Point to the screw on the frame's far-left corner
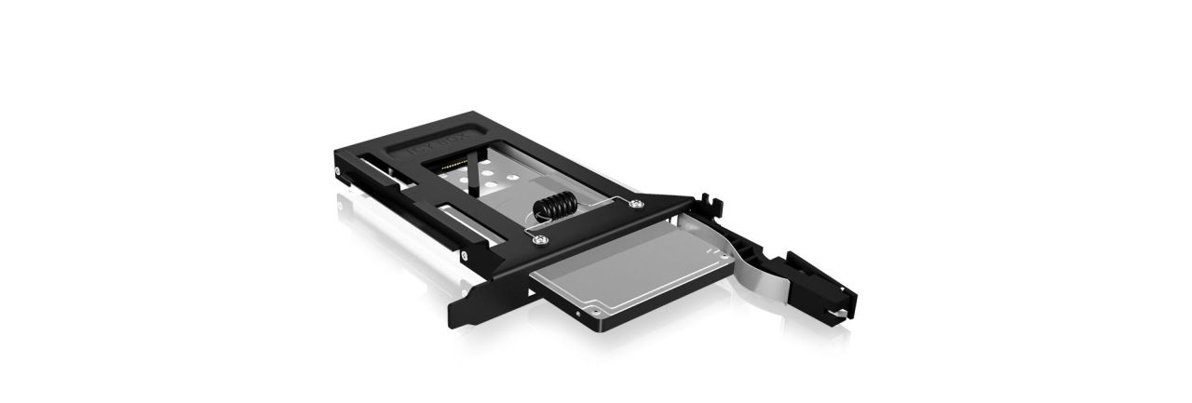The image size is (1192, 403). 335,169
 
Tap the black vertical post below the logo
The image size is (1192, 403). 477,177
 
